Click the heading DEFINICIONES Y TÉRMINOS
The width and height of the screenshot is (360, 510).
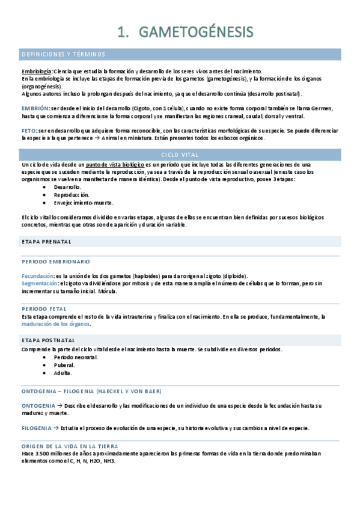[63, 54]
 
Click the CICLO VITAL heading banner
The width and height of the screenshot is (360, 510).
[179, 155]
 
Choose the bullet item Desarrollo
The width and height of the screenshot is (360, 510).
[67, 187]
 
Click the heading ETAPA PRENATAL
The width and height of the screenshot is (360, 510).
[46, 241]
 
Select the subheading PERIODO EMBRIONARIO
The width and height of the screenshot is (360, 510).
[56, 262]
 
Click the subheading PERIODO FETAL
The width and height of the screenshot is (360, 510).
[44, 309]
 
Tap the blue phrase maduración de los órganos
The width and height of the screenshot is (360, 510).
[55, 324]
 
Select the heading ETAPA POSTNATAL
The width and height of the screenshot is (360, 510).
[48, 340]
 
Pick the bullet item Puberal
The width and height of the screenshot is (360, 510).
[64, 364]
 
